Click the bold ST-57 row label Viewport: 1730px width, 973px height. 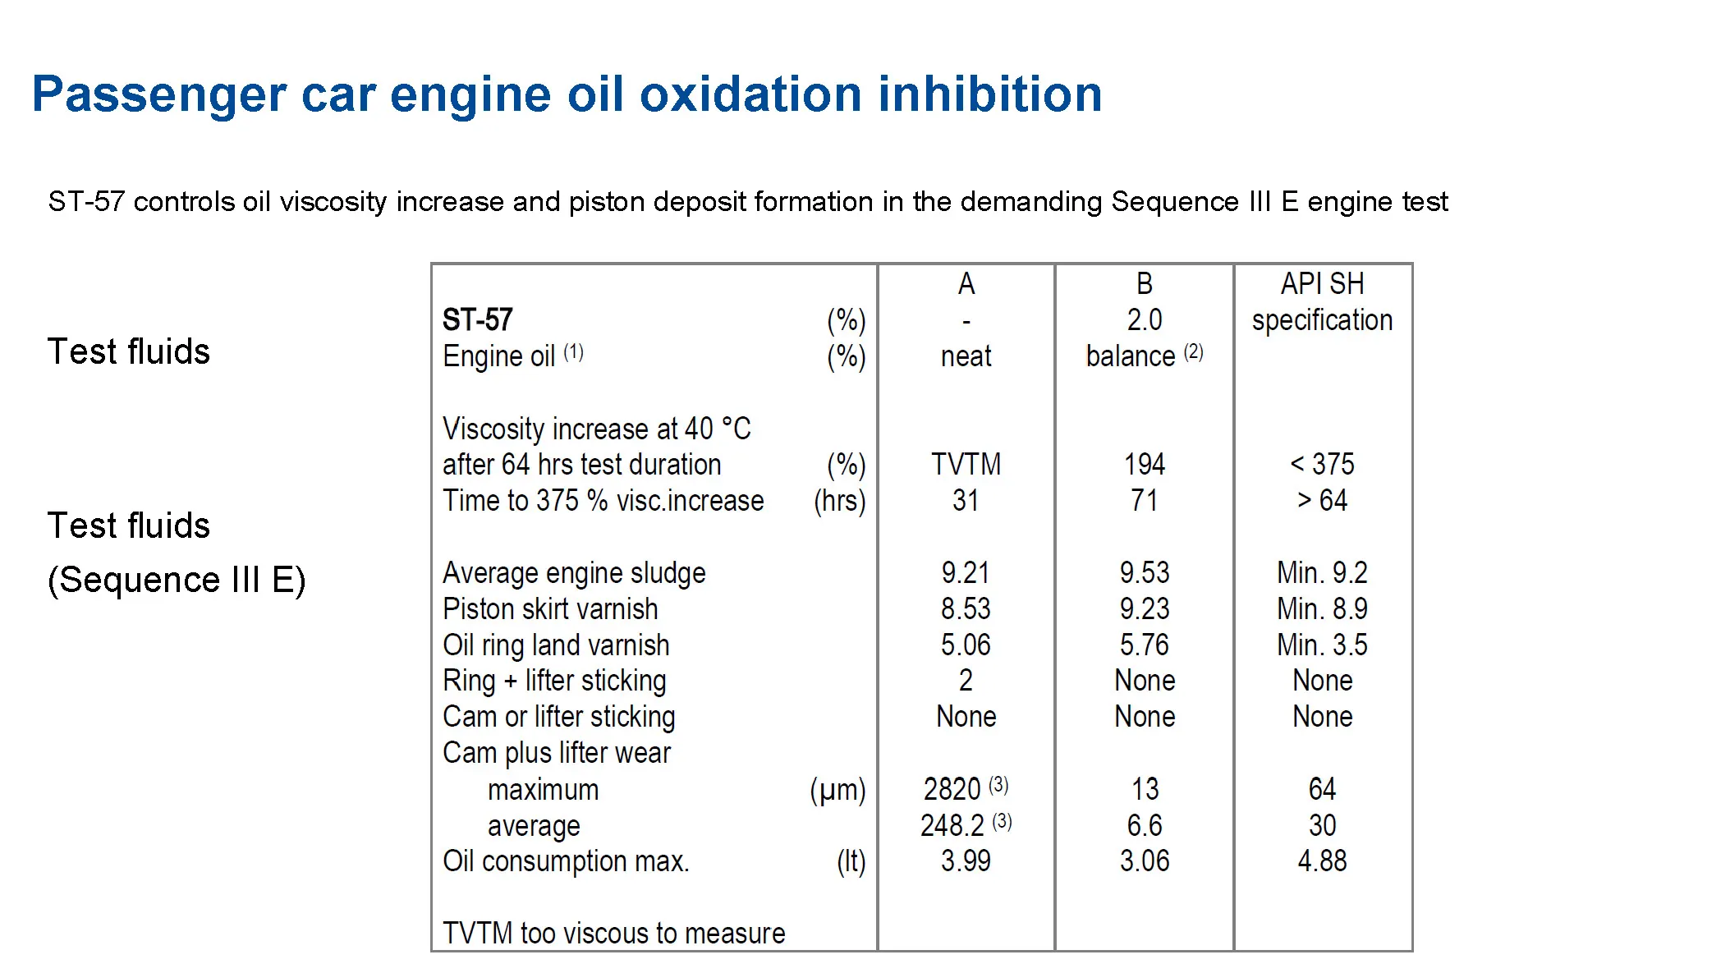pyautogui.click(x=477, y=319)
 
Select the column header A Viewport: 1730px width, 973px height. pyautogui.click(x=966, y=284)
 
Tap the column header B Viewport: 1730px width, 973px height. pyautogui.click(x=1144, y=284)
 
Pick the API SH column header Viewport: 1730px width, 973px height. pyautogui.click(x=1322, y=284)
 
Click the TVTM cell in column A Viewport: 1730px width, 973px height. pyautogui.click(x=966, y=465)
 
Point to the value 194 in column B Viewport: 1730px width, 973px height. pyautogui.click(x=1144, y=465)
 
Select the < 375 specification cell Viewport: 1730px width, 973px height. pyautogui.click(x=1322, y=465)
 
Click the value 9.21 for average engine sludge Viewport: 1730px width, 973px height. pyautogui.click(x=966, y=573)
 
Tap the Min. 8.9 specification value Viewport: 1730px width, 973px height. pyautogui.click(x=1322, y=609)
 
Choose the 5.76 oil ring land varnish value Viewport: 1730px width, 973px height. pyautogui.click(x=1144, y=645)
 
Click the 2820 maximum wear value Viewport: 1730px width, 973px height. pyautogui.click(x=952, y=790)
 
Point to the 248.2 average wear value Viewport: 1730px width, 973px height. pyautogui.click(x=952, y=826)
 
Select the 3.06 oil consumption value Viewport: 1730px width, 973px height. pyautogui.click(x=1144, y=861)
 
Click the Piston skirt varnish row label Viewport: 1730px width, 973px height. pyautogui.click(x=550, y=609)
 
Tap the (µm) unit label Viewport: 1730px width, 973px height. pyautogui.click(x=837, y=790)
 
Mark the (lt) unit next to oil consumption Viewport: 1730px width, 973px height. pyautogui.click(x=851, y=861)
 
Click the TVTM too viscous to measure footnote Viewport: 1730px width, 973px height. pyautogui.click(x=613, y=934)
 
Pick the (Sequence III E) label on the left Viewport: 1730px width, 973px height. pyautogui.click(x=177, y=581)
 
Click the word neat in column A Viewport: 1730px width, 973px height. pyautogui.click(x=966, y=356)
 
